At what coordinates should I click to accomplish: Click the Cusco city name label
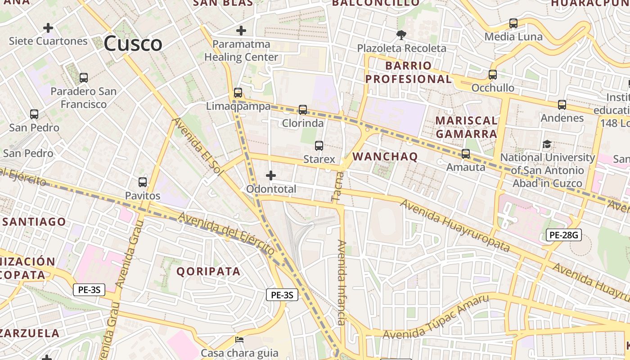click(x=133, y=44)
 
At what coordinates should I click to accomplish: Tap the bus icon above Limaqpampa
click(x=238, y=93)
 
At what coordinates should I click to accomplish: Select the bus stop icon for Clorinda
click(x=303, y=109)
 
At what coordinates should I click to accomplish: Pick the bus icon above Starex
click(x=319, y=145)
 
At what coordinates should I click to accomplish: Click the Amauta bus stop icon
click(x=466, y=154)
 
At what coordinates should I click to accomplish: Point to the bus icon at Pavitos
click(x=143, y=182)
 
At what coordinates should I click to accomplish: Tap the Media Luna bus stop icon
click(x=513, y=23)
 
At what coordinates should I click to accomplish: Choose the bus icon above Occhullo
click(x=493, y=75)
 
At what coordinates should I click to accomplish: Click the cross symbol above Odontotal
click(x=271, y=175)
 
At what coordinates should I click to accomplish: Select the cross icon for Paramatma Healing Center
click(x=241, y=31)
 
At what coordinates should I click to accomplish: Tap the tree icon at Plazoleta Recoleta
click(x=401, y=35)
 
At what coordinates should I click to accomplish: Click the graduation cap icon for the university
click(x=547, y=144)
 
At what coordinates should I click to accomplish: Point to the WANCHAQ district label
click(x=385, y=157)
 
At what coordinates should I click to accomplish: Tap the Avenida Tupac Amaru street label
click(x=435, y=317)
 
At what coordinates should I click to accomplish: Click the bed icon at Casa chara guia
click(x=239, y=339)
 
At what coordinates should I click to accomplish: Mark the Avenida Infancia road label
click(x=342, y=283)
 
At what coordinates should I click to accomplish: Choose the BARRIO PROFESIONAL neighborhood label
click(x=408, y=72)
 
